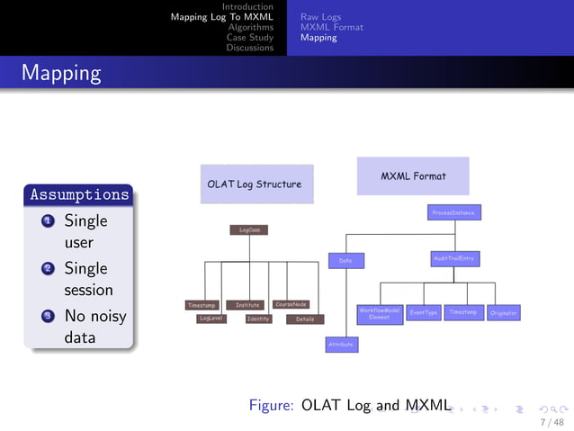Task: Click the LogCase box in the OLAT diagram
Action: [x=249, y=229]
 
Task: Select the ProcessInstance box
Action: [x=454, y=213]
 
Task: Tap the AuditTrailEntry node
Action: [x=454, y=259]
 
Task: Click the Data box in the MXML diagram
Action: [x=345, y=260]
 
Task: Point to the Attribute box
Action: [x=342, y=344]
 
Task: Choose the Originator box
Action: [x=504, y=313]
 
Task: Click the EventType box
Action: [x=423, y=312]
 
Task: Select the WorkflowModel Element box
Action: [x=380, y=313]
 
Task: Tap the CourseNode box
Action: [x=291, y=304]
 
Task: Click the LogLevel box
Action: [x=211, y=318]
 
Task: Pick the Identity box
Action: [x=258, y=319]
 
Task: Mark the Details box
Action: [x=305, y=319]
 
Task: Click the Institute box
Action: [x=247, y=304]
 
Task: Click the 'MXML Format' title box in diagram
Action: [x=413, y=176]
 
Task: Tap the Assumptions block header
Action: [x=80, y=194]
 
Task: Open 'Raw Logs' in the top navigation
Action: [x=320, y=16]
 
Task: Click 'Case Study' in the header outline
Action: [x=249, y=38]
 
